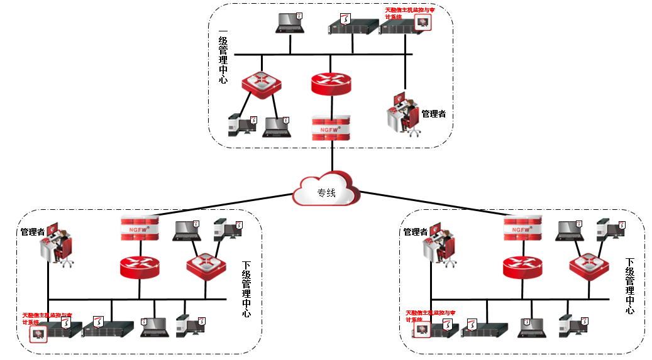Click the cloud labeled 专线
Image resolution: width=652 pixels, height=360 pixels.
[x=326, y=191]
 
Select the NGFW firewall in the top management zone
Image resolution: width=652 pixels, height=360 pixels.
[x=331, y=128]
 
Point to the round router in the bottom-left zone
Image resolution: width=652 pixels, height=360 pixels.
[x=139, y=268]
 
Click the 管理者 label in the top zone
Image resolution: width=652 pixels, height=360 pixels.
[x=433, y=114]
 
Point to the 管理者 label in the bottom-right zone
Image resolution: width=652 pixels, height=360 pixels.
[x=415, y=232]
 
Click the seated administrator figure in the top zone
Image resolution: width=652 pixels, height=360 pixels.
[x=404, y=112]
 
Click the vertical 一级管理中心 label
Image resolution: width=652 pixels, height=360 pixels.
[x=223, y=57]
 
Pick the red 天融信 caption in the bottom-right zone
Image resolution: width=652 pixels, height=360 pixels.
[x=430, y=315]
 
